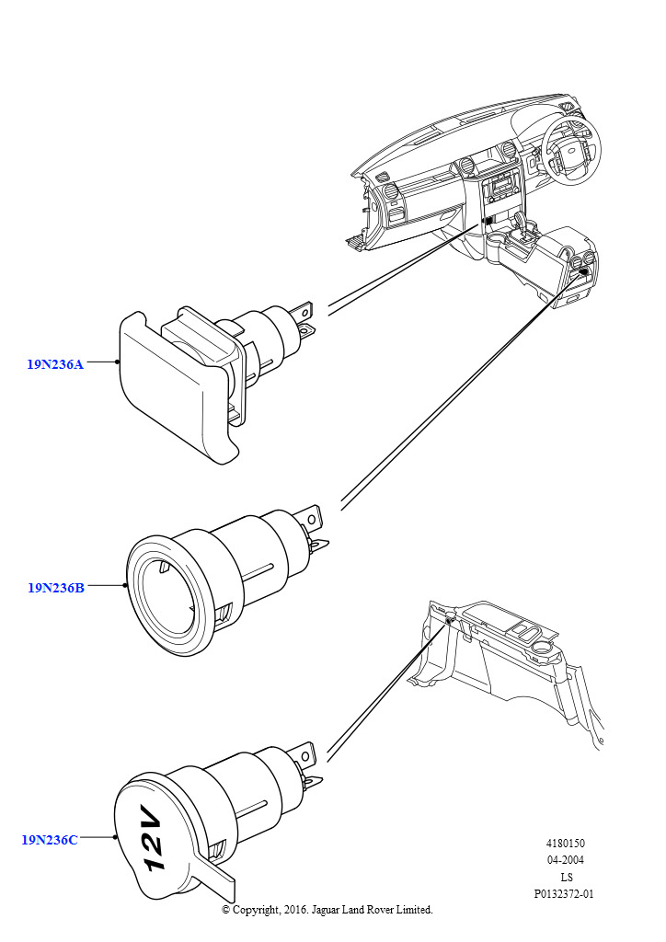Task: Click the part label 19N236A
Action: (x=54, y=364)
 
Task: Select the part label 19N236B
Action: (x=56, y=588)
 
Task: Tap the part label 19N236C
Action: (x=50, y=840)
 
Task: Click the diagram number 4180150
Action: (x=565, y=844)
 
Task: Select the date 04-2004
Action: (x=565, y=860)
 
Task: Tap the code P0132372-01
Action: (x=564, y=894)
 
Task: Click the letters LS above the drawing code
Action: (x=566, y=877)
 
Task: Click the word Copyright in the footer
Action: (x=255, y=910)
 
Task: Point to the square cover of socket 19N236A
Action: (x=174, y=385)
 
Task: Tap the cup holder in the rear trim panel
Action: (x=543, y=648)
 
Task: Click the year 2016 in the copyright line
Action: (x=295, y=910)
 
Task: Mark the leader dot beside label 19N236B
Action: (x=125, y=585)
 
